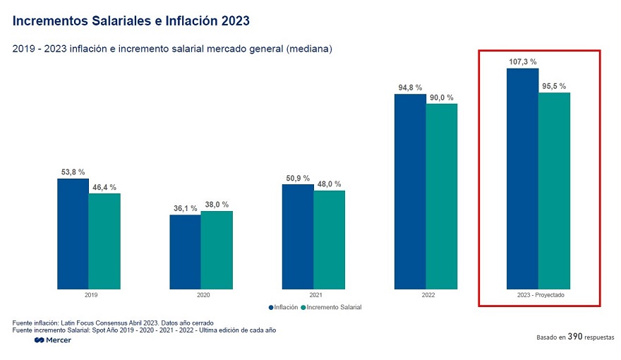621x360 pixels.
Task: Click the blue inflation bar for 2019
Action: click(73, 234)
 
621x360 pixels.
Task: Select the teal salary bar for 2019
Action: click(104, 241)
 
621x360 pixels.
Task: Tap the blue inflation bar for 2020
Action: click(185, 252)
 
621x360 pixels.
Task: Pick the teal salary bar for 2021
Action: click(329, 240)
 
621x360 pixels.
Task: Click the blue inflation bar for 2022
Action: click(410, 191)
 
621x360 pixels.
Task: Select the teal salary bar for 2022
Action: click(441, 196)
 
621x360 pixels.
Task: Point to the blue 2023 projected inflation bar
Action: click(522, 179)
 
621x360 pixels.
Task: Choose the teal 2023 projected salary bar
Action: click(554, 191)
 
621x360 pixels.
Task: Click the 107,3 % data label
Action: click(522, 62)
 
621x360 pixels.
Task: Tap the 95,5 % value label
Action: click(554, 86)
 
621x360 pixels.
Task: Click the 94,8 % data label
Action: click(409, 88)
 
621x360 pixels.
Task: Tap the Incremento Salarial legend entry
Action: click(332, 307)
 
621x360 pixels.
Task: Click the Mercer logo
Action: click(53, 340)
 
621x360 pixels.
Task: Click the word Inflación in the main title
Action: click(184, 21)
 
